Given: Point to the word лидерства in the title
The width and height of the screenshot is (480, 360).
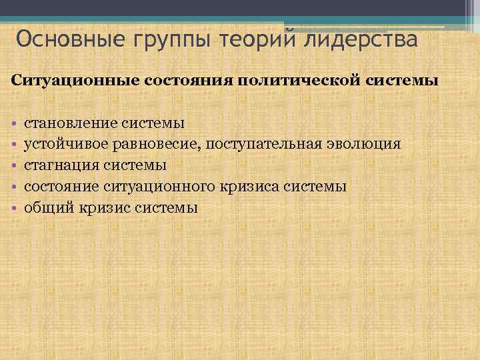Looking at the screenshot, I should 361,40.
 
